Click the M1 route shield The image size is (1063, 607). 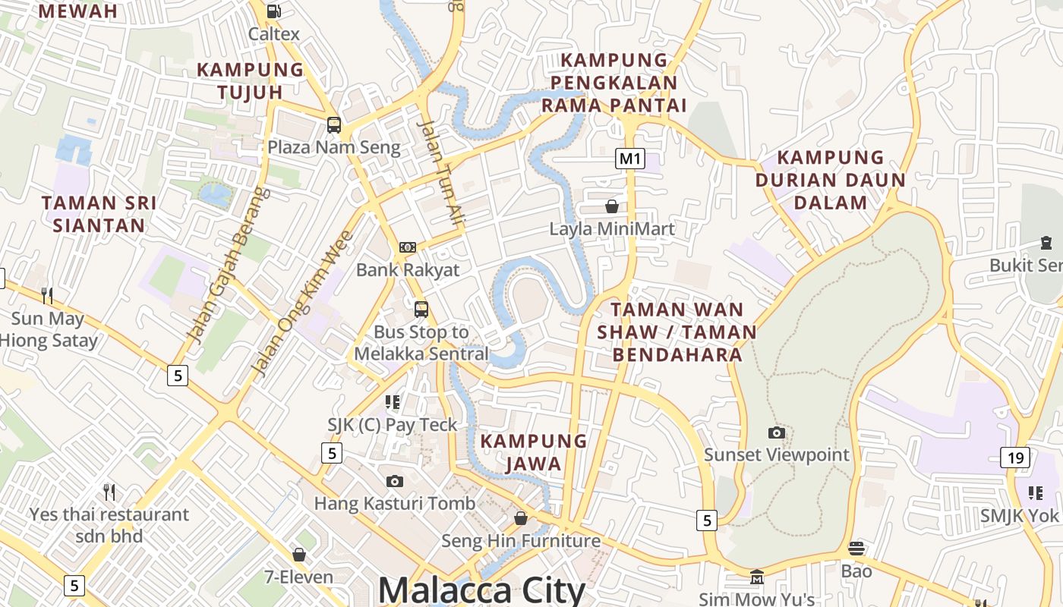pos(630,159)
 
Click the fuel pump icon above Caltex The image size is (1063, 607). pos(273,11)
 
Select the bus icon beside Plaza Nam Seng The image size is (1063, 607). pos(334,125)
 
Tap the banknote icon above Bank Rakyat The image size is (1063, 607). pos(408,247)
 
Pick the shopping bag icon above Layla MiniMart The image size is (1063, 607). pos(612,206)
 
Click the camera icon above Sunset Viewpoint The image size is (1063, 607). pos(776,432)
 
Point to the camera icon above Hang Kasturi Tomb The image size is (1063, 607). pos(394,481)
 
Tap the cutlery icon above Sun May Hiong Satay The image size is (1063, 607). pos(46,295)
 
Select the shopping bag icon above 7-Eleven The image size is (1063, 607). pos(299,555)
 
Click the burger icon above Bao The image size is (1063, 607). pos(856,548)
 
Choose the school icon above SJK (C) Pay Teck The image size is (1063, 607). pos(393,401)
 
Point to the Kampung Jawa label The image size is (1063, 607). pos(534,452)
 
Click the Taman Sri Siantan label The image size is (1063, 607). pos(99,214)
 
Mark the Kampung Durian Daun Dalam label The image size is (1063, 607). pos(830,180)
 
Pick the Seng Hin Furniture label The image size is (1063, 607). pos(521,541)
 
